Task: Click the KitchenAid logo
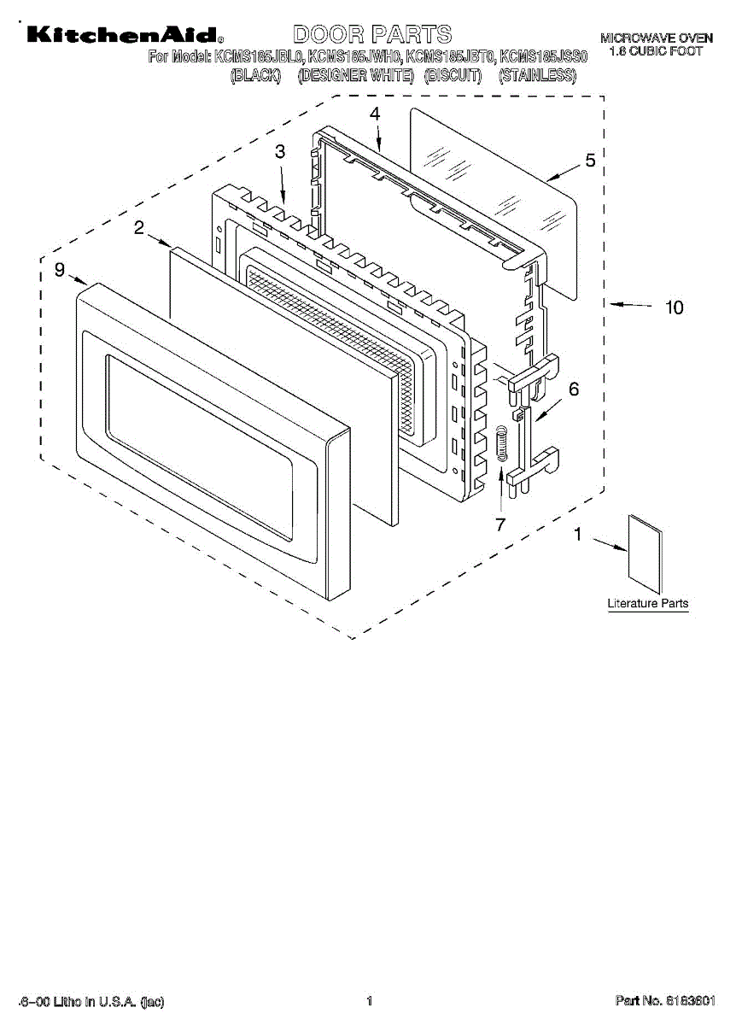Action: click(x=125, y=35)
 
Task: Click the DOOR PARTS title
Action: click(x=372, y=34)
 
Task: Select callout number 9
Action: click(x=60, y=270)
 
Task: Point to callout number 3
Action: click(x=280, y=151)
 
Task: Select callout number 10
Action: click(x=675, y=307)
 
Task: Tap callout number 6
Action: click(x=573, y=389)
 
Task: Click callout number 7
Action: click(x=500, y=524)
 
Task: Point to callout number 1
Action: click(x=578, y=536)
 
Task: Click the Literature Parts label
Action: click(x=647, y=604)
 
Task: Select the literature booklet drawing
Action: click(x=645, y=553)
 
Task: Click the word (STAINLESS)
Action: click(x=538, y=76)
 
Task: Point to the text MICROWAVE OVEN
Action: click(x=656, y=38)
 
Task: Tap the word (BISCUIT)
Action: click(x=453, y=76)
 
